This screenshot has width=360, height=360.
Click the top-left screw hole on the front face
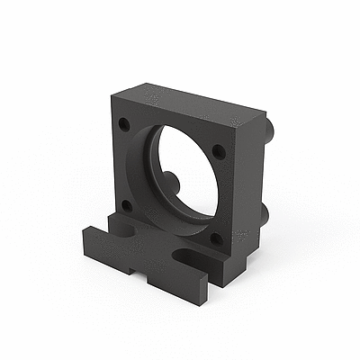coord(124,123)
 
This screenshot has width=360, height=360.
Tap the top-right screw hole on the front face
coord(219,151)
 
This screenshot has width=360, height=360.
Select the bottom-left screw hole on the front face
coord(126,204)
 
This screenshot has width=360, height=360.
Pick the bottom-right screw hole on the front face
coord(216,239)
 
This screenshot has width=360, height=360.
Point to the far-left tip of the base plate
coord(84,235)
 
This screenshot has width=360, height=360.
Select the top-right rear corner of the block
coord(267,113)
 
